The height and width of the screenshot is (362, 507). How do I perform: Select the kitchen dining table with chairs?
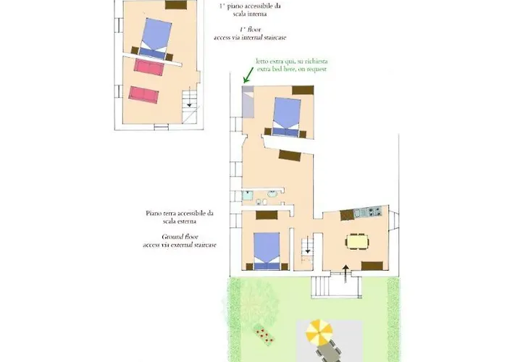[x=356, y=240]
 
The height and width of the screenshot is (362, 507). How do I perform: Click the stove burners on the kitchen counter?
[x=373, y=212]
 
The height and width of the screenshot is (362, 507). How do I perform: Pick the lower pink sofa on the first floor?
[x=143, y=94]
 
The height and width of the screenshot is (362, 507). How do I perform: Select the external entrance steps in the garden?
[x=335, y=287]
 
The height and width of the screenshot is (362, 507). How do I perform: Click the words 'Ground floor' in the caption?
[x=180, y=236]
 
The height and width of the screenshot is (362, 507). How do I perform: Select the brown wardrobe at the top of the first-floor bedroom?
[x=175, y=5]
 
